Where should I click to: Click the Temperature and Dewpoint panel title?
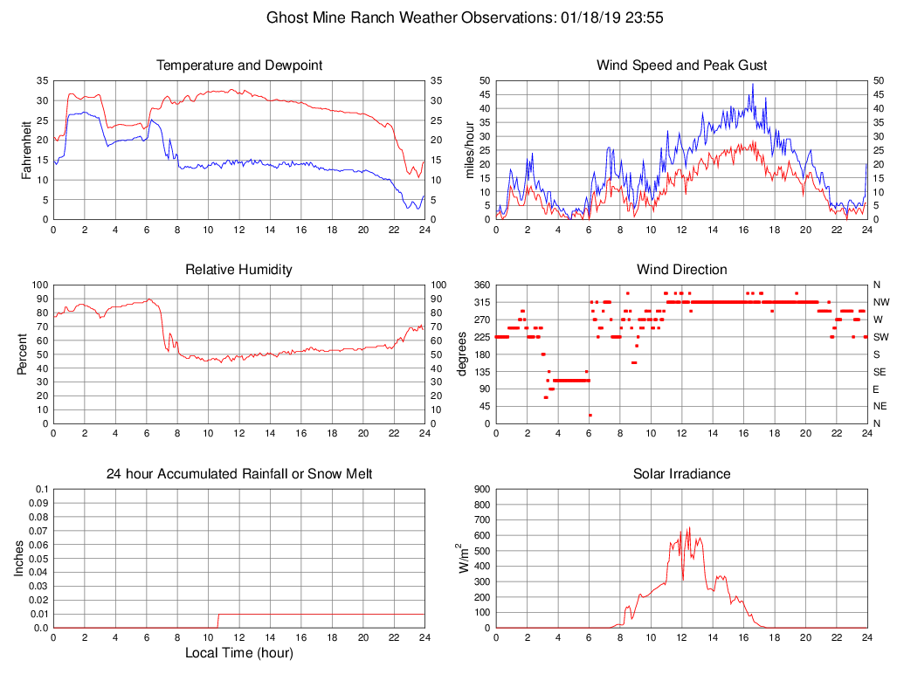click(238, 65)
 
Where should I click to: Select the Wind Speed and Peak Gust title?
click(681, 65)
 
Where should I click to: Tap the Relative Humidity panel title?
click(238, 270)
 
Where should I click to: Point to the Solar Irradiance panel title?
click(681, 474)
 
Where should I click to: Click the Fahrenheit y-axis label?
click(27, 150)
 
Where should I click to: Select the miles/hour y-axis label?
click(470, 150)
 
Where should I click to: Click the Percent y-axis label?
click(22, 354)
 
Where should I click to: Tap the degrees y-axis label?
click(462, 354)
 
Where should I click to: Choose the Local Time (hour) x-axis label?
click(238, 653)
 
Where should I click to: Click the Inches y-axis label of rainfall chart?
click(19, 559)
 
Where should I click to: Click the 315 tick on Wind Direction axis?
click(483, 302)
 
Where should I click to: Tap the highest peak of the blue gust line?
click(753, 85)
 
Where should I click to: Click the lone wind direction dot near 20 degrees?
click(590, 415)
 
